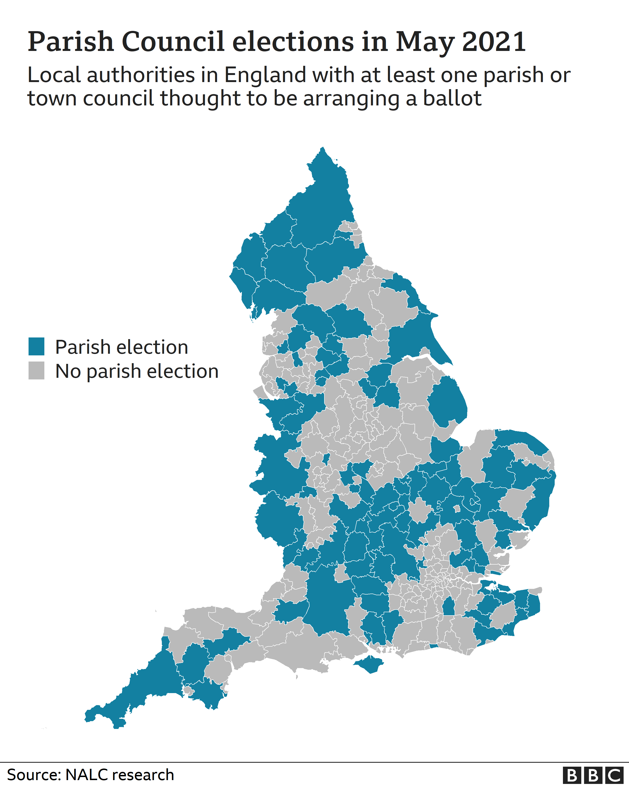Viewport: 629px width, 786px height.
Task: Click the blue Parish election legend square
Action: pyautogui.click(x=37, y=346)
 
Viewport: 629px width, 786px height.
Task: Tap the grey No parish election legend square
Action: pyautogui.click(x=37, y=370)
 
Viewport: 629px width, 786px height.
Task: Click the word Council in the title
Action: pyautogui.click(x=173, y=41)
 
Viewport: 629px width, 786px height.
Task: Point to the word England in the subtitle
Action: pyautogui.click(x=265, y=75)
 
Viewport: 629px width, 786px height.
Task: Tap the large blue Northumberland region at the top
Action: pyautogui.click(x=321, y=204)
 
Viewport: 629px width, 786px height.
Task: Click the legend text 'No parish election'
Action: pyautogui.click(x=137, y=371)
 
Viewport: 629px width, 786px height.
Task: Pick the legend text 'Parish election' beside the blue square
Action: pyautogui.click(x=122, y=347)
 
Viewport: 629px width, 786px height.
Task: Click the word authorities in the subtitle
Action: pyautogui.click(x=140, y=75)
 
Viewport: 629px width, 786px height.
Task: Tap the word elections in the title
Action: pyautogui.click(x=293, y=41)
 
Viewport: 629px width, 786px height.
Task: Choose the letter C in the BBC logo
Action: pyautogui.click(x=614, y=775)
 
